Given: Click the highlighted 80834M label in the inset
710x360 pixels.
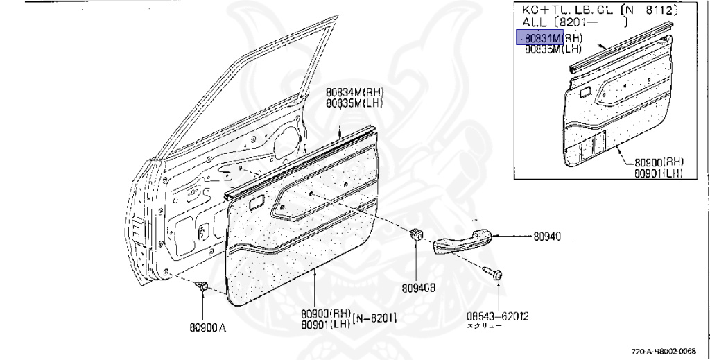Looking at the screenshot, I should point(539,37).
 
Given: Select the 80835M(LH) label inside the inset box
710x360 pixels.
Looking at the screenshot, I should point(553,49).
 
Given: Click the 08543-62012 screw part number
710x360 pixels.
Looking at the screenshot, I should point(498,316).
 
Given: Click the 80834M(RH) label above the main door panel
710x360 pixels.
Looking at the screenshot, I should point(354,94).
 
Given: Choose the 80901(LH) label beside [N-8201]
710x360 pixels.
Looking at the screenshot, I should point(326,324).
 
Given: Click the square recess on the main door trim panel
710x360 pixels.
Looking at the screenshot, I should point(255,203).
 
